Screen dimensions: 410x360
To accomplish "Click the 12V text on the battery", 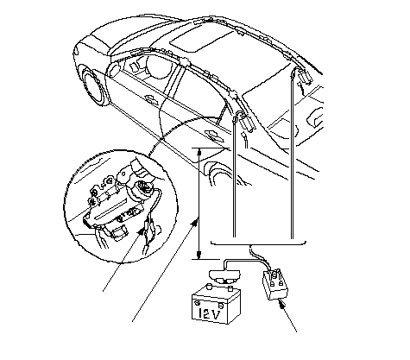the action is (211, 314).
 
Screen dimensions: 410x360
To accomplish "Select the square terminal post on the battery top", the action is (230, 288).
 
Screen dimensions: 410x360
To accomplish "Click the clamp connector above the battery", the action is (222, 276).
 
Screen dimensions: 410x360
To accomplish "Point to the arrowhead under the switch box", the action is (281, 304).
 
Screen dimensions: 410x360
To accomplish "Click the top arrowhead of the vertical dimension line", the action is (199, 152).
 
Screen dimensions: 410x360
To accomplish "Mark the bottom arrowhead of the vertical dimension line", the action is (199, 255).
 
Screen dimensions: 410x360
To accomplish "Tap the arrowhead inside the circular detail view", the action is (141, 232).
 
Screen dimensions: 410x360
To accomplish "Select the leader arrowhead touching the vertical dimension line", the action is (195, 222).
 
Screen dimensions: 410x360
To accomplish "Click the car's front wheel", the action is (92, 86).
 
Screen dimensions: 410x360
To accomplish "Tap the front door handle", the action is (151, 99).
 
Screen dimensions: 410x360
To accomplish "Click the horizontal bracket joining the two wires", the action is (258, 244).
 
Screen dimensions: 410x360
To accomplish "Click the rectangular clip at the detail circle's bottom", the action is (118, 233).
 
